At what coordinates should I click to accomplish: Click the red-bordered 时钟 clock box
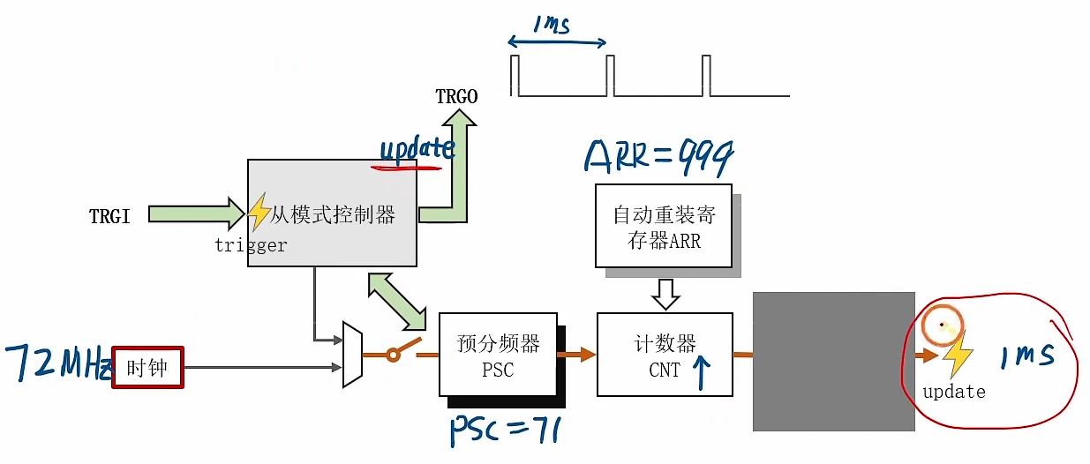click(147, 366)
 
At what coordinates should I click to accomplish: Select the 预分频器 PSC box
click(498, 354)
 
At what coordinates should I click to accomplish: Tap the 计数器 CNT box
click(665, 354)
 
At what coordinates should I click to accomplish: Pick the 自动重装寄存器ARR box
click(663, 226)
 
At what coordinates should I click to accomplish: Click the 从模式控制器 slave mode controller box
click(332, 213)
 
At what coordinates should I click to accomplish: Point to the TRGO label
click(456, 96)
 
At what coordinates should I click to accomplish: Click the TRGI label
click(109, 215)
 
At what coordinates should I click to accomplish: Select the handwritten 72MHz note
click(56, 363)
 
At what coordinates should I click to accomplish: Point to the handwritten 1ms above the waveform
click(551, 25)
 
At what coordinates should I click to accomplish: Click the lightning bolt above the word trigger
click(259, 213)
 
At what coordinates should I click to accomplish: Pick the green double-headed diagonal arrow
click(396, 301)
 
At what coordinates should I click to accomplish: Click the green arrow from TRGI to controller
click(196, 214)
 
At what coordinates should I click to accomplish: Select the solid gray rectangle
click(832, 361)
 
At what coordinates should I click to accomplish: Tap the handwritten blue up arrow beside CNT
click(703, 370)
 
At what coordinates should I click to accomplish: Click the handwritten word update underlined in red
click(415, 149)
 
